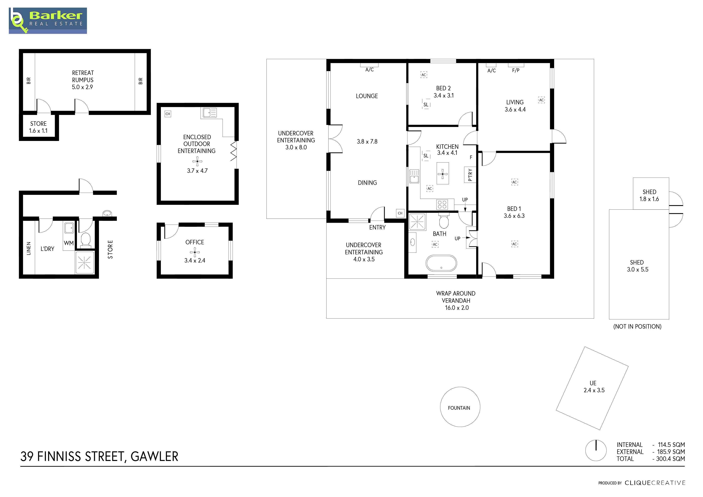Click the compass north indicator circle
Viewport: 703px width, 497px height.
pyautogui.click(x=596, y=451)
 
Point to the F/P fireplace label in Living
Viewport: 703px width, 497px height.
pyautogui.click(x=516, y=70)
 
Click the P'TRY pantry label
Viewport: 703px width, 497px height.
pyautogui.click(x=470, y=175)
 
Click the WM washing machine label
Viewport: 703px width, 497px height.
pyautogui.click(x=69, y=243)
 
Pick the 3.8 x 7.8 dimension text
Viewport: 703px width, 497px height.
pyautogui.click(x=367, y=141)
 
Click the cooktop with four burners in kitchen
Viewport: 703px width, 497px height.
pyautogui.click(x=442, y=204)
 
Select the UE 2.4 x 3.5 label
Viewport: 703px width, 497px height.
pyautogui.click(x=594, y=386)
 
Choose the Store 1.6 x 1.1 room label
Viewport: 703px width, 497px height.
pyautogui.click(x=38, y=127)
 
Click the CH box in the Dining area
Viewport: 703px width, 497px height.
pyautogui.click(x=400, y=213)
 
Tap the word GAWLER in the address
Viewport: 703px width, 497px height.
pyautogui.click(x=154, y=456)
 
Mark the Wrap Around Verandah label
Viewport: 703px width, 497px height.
pyautogui.click(x=456, y=301)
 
